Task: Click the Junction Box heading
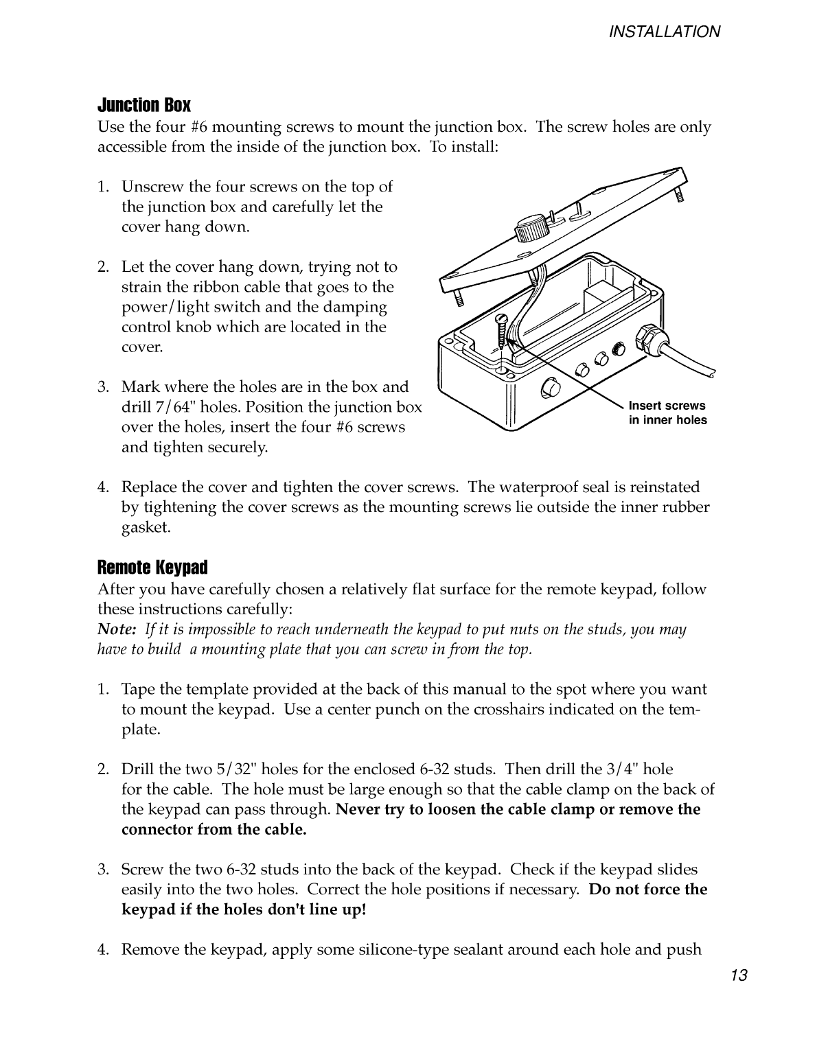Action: pyautogui.click(x=144, y=105)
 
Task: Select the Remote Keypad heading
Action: pyautogui.click(x=152, y=568)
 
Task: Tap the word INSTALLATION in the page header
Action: pyautogui.click(x=664, y=32)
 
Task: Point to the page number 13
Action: pyautogui.click(x=738, y=975)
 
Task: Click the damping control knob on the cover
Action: pyautogui.click(x=531, y=229)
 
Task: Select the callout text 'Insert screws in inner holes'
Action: pyautogui.click(x=667, y=413)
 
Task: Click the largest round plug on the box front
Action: pyautogui.click(x=549, y=388)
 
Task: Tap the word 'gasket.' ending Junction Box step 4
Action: pyautogui.click(x=146, y=527)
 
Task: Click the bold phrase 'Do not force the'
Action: pyautogui.click(x=648, y=890)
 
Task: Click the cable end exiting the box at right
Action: pyautogui.click(x=707, y=369)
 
